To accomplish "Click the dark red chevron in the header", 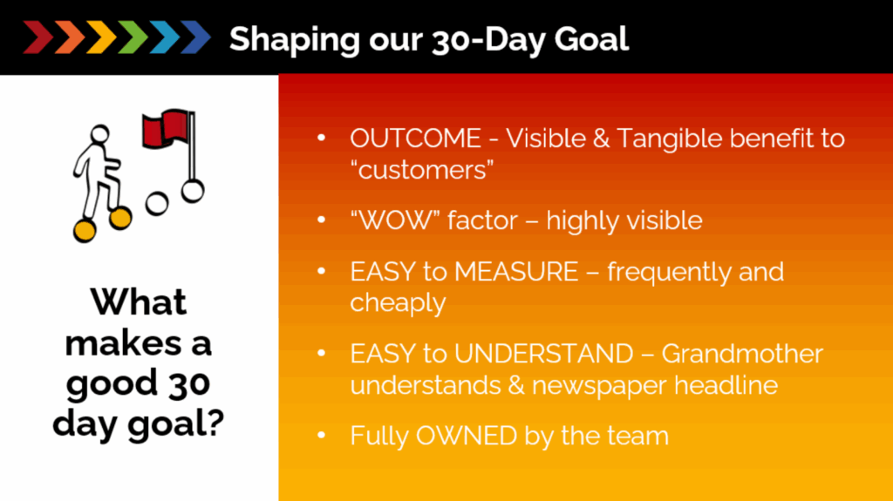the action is [x=38, y=37].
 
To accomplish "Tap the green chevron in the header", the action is [x=133, y=37].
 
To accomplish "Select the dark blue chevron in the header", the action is [x=195, y=37].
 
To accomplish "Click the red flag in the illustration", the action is [x=165, y=128].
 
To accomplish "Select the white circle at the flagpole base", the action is [x=193, y=192].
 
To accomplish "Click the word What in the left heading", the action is [x=139, y=301].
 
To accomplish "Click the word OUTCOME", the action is [x=416, y=139].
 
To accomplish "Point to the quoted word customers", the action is [x=422, y=170].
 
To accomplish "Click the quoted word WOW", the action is [x=395, y=220].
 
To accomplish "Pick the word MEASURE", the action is [x=516, y=272].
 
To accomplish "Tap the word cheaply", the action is [x=398, y=303].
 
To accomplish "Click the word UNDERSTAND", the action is [x=544, y=354].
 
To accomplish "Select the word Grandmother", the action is [x=743, y=354].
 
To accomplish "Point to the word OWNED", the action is [x=467, y=436].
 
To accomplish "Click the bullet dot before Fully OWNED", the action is [x=321, y=436].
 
